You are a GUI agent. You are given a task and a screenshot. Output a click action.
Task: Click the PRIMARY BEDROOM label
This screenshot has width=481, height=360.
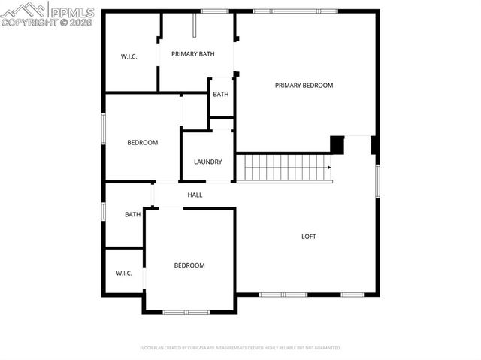(304, 86)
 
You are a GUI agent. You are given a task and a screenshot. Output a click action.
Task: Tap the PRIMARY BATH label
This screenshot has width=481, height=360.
(193, 54)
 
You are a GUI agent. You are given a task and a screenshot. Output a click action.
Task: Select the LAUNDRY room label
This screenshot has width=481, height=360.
(207, 162)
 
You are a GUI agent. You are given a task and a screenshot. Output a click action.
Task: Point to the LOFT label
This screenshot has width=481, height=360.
(309, 237)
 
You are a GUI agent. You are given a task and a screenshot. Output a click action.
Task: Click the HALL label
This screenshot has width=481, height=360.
(195, 195)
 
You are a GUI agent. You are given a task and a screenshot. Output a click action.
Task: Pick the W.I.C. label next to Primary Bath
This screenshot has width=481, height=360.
(129, 57)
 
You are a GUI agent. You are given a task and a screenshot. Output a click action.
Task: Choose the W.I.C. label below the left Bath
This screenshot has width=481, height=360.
(124, 273)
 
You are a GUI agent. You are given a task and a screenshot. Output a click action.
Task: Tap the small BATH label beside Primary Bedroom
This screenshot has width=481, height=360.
(220, 95)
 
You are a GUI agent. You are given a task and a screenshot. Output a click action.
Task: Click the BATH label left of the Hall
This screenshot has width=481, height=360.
(132, 215)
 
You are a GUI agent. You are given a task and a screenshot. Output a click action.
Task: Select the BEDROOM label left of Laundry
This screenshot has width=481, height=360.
(142, 143)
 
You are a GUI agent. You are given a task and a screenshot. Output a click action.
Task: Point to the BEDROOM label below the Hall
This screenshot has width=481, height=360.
(189, 265)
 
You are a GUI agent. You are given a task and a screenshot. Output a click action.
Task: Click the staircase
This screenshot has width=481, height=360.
(283, 168)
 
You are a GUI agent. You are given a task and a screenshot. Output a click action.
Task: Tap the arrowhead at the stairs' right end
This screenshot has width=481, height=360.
(328, 168)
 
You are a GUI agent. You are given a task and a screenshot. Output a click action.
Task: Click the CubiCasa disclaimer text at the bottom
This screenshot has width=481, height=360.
(240, 348)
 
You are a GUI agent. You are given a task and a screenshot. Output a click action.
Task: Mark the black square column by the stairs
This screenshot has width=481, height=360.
(337, 144)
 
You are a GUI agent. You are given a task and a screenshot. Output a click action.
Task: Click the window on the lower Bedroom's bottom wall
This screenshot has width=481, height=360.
(186, 312)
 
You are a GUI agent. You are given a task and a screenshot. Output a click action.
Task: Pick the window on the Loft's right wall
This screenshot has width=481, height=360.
(377, 180)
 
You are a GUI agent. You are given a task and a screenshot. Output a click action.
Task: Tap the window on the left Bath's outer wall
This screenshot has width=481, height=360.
(104, 211)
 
